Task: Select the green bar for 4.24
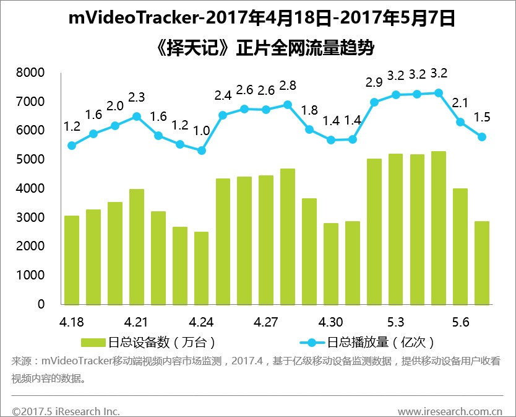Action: tap(201, 268)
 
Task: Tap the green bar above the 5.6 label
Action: tap(460, 246)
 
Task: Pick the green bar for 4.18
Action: tap(72, 260)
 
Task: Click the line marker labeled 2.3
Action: tap(137, 116)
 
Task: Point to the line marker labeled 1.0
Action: tap(201, 151)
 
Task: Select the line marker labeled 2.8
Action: tap(288, 105)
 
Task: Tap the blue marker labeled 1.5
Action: tap(482, 137)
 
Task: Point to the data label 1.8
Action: tap(309, 110)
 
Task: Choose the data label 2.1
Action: tap(460, 103)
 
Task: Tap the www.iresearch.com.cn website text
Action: tap(450, 411)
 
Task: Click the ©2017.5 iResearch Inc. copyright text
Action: tap(66, 411)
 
